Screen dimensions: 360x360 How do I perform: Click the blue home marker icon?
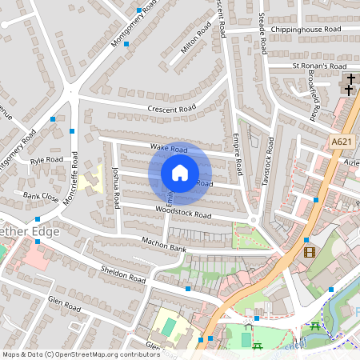click(180, 173)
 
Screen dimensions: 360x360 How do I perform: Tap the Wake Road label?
click(168, 148)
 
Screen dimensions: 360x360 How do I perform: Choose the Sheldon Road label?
click(123, 274)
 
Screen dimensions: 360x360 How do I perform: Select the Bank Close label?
click(41, 196)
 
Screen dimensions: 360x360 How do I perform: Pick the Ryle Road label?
click(46, 160)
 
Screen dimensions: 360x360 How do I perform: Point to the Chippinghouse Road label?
click(306, 30)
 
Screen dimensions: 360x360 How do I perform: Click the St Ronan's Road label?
click(318, 66)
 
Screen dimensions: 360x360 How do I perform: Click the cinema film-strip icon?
click(310, 252)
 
